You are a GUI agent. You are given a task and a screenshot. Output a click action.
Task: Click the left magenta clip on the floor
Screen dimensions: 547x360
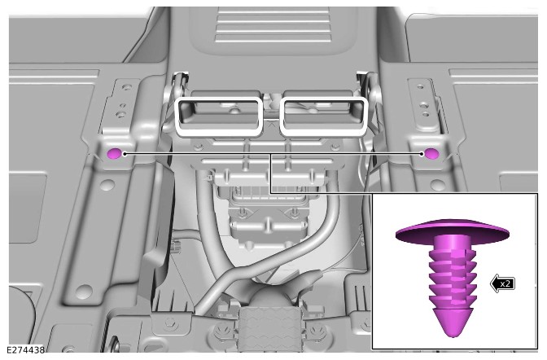[114, 153]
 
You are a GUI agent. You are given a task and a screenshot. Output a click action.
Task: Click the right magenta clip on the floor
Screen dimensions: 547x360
[431, 153]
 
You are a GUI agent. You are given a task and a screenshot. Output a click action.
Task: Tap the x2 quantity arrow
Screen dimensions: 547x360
[503, 283]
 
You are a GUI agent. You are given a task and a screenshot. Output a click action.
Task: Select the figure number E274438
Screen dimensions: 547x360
[25, 350]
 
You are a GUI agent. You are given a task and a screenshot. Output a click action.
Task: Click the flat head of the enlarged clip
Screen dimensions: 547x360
[452, 231]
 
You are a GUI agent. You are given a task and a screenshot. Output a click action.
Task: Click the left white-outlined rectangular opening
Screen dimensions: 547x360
[219, 116]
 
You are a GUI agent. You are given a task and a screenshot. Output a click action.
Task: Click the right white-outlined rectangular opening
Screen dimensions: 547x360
[323, 116]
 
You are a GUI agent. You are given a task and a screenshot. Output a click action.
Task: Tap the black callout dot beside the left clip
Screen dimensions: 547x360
[125, 153]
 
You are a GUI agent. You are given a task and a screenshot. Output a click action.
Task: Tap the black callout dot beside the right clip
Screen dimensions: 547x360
[422, 153]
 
